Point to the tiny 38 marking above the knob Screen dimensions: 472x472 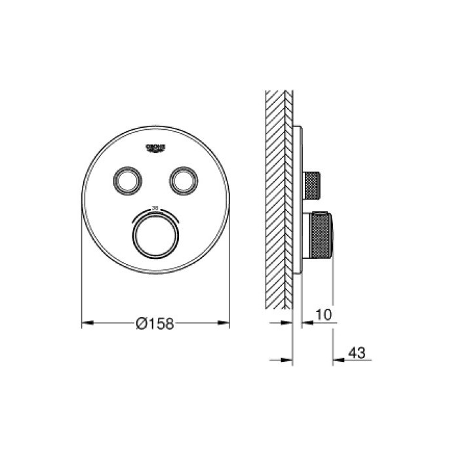click(x=155, y=207)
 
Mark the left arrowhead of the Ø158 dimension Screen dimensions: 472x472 click(x=86, y=323)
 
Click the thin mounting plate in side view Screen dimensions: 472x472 click(x=298, y=203)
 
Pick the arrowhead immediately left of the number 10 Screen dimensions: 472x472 click(x=306, y=323)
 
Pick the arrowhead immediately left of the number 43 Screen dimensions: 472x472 click(x=338, y=360)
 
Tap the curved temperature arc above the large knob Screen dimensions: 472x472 click(x=155, y=214)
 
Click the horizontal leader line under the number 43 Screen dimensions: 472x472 click(x=354, y=360)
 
